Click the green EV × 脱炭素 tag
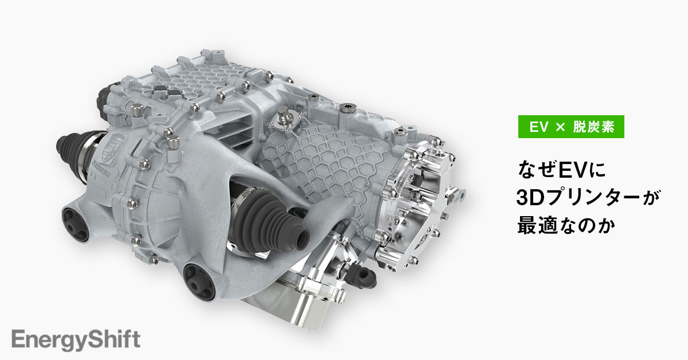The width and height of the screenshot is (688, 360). point(570,127)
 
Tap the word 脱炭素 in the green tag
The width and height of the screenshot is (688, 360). point(593,127)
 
